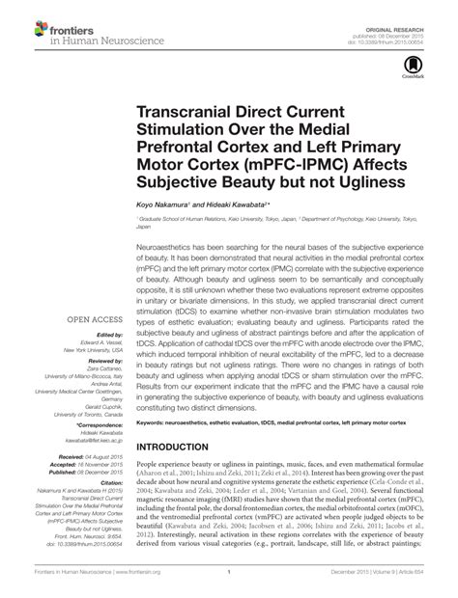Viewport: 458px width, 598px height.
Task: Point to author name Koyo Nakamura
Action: point(157,205)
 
